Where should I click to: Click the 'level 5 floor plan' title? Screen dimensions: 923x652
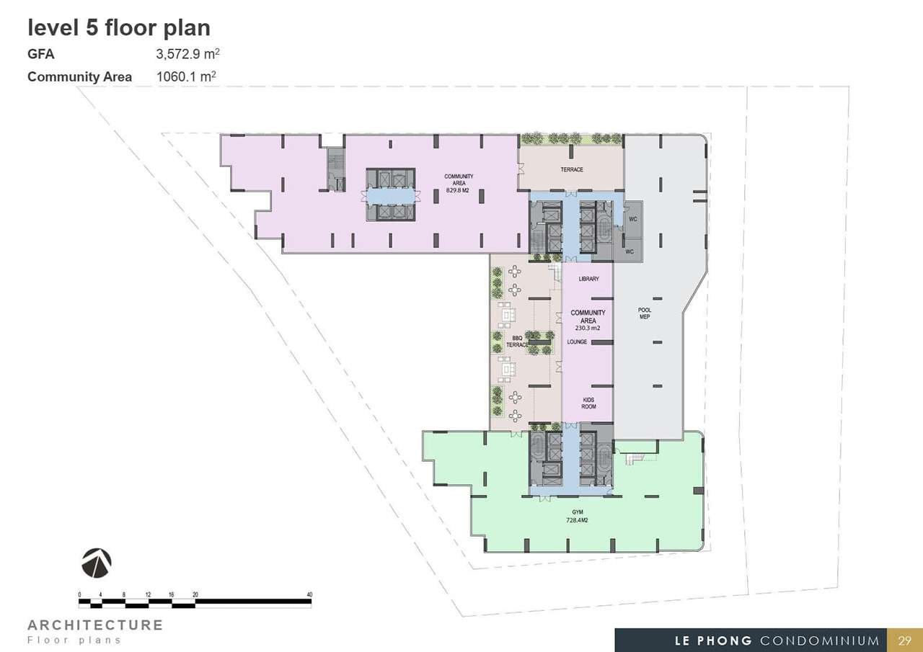tap(119, 28)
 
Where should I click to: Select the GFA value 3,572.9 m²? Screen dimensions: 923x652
tap(187, 54)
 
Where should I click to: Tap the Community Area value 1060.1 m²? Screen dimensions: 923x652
tap(186, 76)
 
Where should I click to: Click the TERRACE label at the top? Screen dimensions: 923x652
tap(572, 169)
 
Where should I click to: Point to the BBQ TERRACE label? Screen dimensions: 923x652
tap(517, 341)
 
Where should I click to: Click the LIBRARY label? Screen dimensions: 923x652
tap(588, 279)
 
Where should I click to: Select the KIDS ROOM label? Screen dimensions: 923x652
tap(588, 403)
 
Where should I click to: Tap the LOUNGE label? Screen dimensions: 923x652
tap(577, 341)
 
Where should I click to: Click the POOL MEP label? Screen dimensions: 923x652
tap(645, 313)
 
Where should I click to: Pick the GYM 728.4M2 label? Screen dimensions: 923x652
tap(577, 516)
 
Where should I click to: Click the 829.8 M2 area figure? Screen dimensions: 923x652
tap(458, 191)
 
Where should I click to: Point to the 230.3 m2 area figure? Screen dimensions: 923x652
tap(588, 328)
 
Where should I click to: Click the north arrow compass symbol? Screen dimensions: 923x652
tap(97, 563)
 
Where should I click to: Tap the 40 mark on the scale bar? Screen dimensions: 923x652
tap(309, 594)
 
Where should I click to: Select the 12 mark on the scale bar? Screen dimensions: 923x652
tap(149, 594)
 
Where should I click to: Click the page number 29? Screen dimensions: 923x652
tap(904, 640)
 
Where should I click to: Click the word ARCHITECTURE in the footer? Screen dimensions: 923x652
tap(95, 625)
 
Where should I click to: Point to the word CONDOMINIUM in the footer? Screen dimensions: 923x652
tap(820, 641)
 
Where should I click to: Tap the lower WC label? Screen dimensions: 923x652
tap(630, 251)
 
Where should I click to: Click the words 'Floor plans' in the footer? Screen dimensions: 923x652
tap(74, 640)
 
